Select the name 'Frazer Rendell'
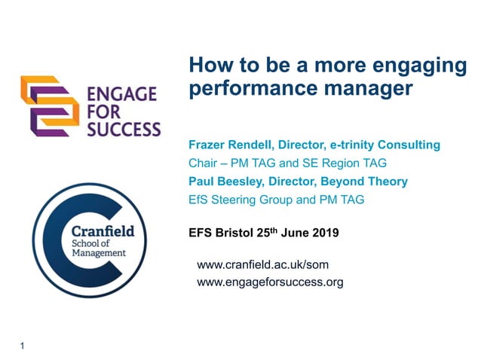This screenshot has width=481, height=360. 228,145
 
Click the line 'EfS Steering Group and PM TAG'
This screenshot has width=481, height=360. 277,200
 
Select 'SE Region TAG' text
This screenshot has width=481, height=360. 336,163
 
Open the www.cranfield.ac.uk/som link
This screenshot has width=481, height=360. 262,265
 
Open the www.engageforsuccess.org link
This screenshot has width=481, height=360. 269,283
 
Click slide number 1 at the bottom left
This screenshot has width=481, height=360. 23,346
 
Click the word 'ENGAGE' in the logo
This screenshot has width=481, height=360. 121,94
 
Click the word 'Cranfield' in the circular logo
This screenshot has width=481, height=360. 103,230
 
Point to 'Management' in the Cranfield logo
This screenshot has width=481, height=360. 98,254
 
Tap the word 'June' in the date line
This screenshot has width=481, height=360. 293,233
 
